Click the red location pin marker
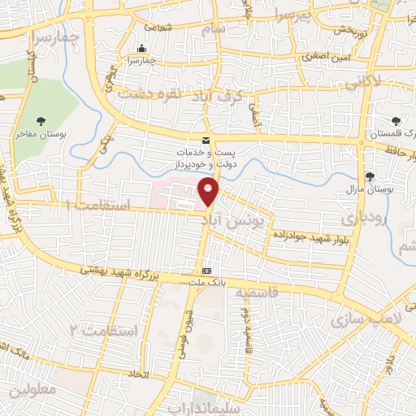210,192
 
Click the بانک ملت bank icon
206,271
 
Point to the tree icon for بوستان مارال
370,176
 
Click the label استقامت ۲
101,331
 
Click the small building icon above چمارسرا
143,48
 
